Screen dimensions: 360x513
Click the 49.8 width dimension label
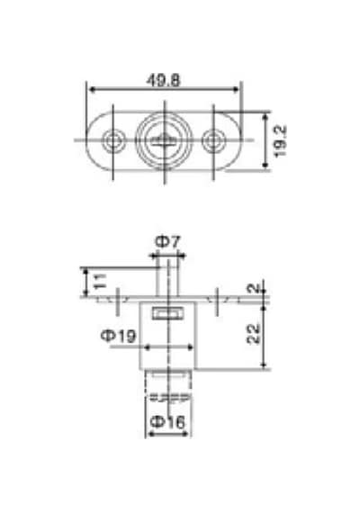[163, 80]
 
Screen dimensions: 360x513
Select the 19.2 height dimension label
[280, 141]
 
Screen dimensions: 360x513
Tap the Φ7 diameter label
[167, 242]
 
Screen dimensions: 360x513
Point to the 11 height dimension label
[100, 282]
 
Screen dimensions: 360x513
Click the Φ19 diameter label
[118, 336]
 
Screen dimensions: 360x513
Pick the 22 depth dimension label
[253, 334]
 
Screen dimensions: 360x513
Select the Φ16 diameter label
[168, 422]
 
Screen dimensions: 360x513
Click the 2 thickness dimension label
[253, 289]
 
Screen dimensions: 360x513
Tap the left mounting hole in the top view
[113, 141]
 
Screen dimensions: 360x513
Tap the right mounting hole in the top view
[213, 141]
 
